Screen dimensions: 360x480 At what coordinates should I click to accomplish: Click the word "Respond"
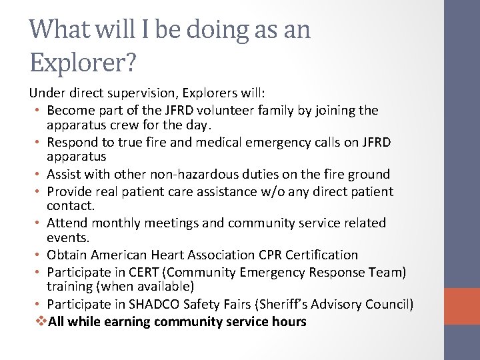72,142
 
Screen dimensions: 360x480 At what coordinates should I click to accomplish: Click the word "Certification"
322,255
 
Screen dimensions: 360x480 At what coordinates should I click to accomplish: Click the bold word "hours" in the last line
289,321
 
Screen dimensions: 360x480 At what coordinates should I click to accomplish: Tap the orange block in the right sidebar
462,307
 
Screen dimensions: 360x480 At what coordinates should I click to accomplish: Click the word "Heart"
175,255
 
